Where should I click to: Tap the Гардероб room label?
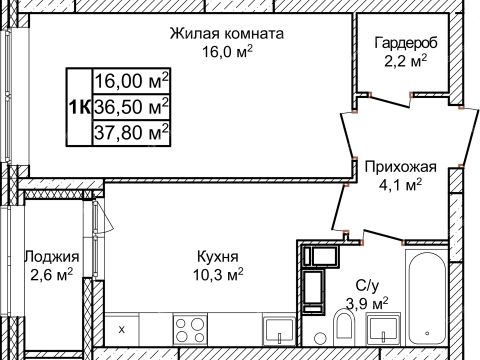(x=406, y=43)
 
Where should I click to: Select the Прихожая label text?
(x=392, y=166)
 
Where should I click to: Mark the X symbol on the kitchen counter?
(x=122, y=328)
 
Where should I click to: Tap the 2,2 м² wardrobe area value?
(x=406, y=61)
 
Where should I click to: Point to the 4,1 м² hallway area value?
(x=392, y=184)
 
